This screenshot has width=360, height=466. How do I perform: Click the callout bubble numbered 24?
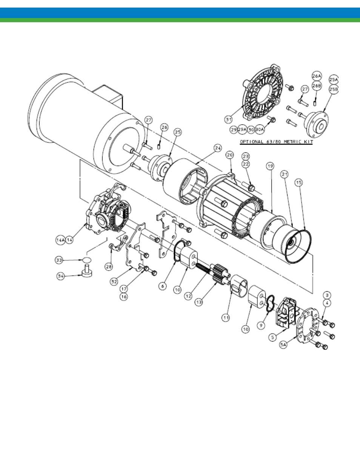point(218,148)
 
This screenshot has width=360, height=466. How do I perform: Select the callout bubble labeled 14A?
point(60,240)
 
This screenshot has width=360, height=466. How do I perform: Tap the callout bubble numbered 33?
point(59,260)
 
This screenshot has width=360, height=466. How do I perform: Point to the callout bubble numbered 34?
point(61,276)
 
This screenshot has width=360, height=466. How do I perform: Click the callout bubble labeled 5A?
point(283,345)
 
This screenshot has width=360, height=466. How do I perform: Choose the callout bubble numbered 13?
point(199,302)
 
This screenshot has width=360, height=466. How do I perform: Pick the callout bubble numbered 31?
point(229,120)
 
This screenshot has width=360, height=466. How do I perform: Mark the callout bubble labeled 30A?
point(260,129)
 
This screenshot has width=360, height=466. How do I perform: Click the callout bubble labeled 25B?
point(334,89)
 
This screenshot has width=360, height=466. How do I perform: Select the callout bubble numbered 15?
point(298,183)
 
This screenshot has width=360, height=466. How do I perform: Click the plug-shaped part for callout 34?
point(87,271)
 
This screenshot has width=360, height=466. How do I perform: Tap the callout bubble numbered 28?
point(109,266)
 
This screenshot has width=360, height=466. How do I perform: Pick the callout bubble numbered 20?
point(230,155)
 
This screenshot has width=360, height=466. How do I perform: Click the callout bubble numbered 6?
point(163,286)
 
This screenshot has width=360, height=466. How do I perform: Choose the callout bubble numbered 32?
point(114,281)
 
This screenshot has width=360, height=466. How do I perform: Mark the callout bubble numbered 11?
point(226,318)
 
